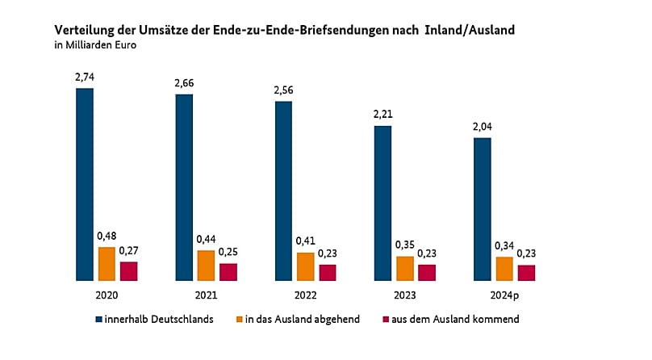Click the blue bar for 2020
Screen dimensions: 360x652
pos(85,184)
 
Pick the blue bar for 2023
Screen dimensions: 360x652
pos(382,203)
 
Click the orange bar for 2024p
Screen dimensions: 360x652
pos(504,269)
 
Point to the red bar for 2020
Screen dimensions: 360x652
pos(129,270)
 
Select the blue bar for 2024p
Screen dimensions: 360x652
pos(483,209)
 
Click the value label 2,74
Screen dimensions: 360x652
pos(85,76)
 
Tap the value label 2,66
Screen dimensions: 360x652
pos(184,82)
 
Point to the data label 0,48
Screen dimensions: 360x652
pos(107,236)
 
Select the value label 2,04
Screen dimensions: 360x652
pos(483,127)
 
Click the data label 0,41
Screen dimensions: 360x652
pos(305,241)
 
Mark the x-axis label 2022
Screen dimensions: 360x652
pos(305,295)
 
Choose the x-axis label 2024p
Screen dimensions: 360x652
pos(504,295)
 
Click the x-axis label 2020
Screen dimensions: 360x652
pos(107,295)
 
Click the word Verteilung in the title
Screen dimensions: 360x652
pos(83,30)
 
